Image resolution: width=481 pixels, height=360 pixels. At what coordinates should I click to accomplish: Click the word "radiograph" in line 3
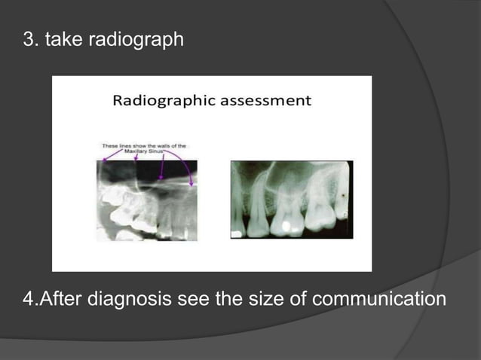pyautogui.click(x=136, y=39)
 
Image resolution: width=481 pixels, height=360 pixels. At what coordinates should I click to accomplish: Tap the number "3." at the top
pyautogui.click(x=31, y=39)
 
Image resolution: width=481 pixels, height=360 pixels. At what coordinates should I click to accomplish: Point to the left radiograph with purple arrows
pyautogui.click(x=147, y=200)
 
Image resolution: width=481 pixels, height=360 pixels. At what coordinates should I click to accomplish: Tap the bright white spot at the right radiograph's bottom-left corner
pyautogui.click(x=236, y=234)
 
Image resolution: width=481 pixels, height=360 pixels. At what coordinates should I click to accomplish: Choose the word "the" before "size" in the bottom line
pyautogui.click(x=228, y=299)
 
